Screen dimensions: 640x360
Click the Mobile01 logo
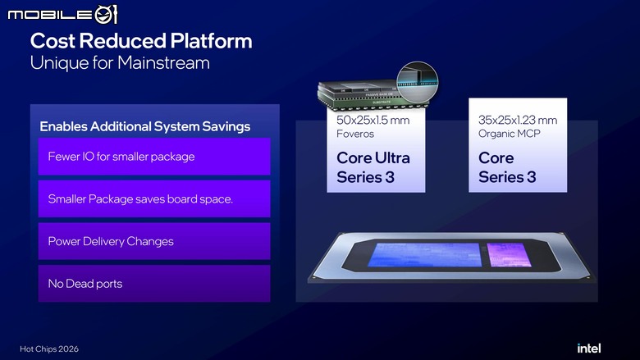pyautogui.click(x=62, y=15)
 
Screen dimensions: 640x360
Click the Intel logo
pyautogui.click(x=588, y=349)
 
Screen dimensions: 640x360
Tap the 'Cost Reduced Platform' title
pyautogui.click(x=141, y=41)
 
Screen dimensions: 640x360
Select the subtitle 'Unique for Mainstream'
pyautogui.click(x=120, y=63)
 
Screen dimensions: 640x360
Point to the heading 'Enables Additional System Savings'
pyautogui.click(x=145, y=126)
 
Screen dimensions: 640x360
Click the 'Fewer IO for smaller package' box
pyautogui.click(x=154, y=157)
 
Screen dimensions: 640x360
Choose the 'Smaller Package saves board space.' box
pyautogui.click(x=154, y=199)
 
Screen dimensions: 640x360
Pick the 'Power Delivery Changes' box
pyautogui.click(x=154, y=241)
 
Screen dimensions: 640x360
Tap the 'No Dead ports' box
pyautogui.click(x=154, y=284)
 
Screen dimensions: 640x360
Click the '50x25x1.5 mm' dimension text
pyautogui.click(x=373, y=121)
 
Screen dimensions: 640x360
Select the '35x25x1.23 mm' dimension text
pyautogui.click(x=518, y=121)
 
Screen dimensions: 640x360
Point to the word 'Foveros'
pyautogui.click(x=355, y=134)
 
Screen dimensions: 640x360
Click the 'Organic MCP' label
pyautogui.click(x=510, y=134)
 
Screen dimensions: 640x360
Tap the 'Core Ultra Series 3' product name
pyautogui.click(x=373, y=167)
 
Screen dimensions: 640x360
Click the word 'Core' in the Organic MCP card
pyautogui.click(x=496, y=157)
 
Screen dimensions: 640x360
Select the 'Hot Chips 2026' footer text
pyautogui.click(x=49, y=349)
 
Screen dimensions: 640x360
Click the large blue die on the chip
pyautogui.click(x=424, y=255)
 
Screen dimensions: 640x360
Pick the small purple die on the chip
pyautogui.click(x=509, y=255)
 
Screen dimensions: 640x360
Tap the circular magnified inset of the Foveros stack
pyautogui.click(x=417, y=82)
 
